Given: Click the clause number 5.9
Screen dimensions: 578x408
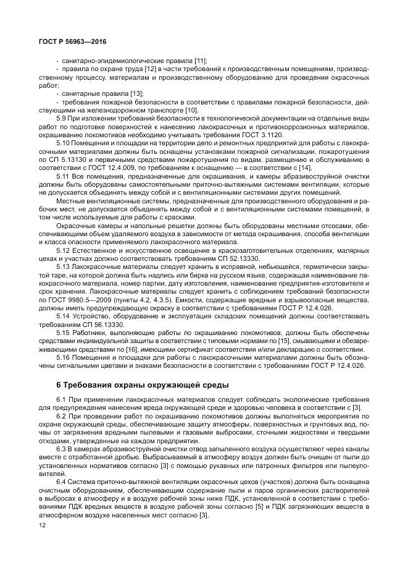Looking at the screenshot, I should (x=62, y=118).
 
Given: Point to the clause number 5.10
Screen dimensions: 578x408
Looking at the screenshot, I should (x=64, y=142).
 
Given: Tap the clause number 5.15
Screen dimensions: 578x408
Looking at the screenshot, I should (x=64, y=332).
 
